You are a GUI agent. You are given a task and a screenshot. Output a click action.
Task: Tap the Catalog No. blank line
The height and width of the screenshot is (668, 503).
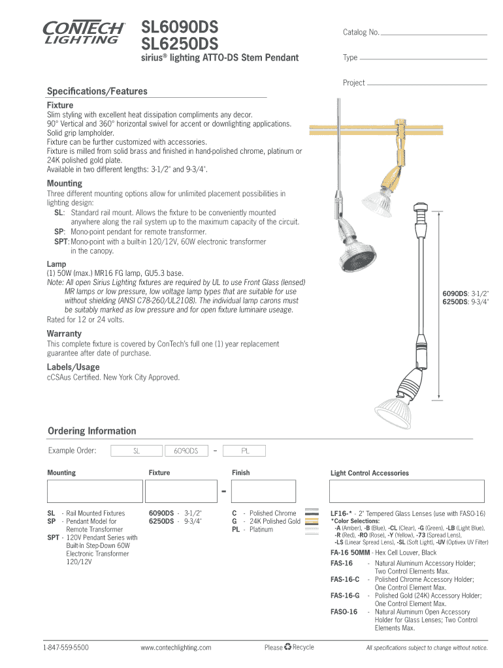click(x=433, y=34)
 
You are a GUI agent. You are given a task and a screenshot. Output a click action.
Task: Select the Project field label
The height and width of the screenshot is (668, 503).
click(x=353, y=83)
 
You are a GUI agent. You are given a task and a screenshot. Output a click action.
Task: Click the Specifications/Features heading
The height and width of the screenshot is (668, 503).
click(x=97, y=91)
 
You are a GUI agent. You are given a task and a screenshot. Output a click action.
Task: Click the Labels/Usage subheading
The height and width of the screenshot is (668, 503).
click(x=73, y=367)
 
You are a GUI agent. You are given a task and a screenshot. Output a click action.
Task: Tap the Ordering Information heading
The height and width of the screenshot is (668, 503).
click(x=92, y=431)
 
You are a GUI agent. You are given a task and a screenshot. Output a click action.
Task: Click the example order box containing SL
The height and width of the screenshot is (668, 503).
click(x=137, y=451)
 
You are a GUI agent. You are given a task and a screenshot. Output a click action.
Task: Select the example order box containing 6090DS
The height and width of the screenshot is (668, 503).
click(x=186, y=451)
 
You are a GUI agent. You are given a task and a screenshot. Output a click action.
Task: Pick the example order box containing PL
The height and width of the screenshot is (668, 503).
click(x=245, y=451)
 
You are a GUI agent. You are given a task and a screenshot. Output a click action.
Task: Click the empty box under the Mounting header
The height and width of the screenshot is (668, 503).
click(x=95, y=491)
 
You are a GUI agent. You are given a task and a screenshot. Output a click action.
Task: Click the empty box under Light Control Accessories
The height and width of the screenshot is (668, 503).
click(x=408, y=491)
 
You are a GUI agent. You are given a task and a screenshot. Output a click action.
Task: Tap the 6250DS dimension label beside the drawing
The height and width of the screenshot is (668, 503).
click(x=454, y=302)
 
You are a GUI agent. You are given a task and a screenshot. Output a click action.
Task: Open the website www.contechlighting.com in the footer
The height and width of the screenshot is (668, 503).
click(x=176, y=648)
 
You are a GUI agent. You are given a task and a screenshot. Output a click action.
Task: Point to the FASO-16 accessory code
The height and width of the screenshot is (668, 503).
click(x=344, y=612)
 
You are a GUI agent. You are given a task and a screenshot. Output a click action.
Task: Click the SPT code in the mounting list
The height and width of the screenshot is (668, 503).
click(x=53, y=538)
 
